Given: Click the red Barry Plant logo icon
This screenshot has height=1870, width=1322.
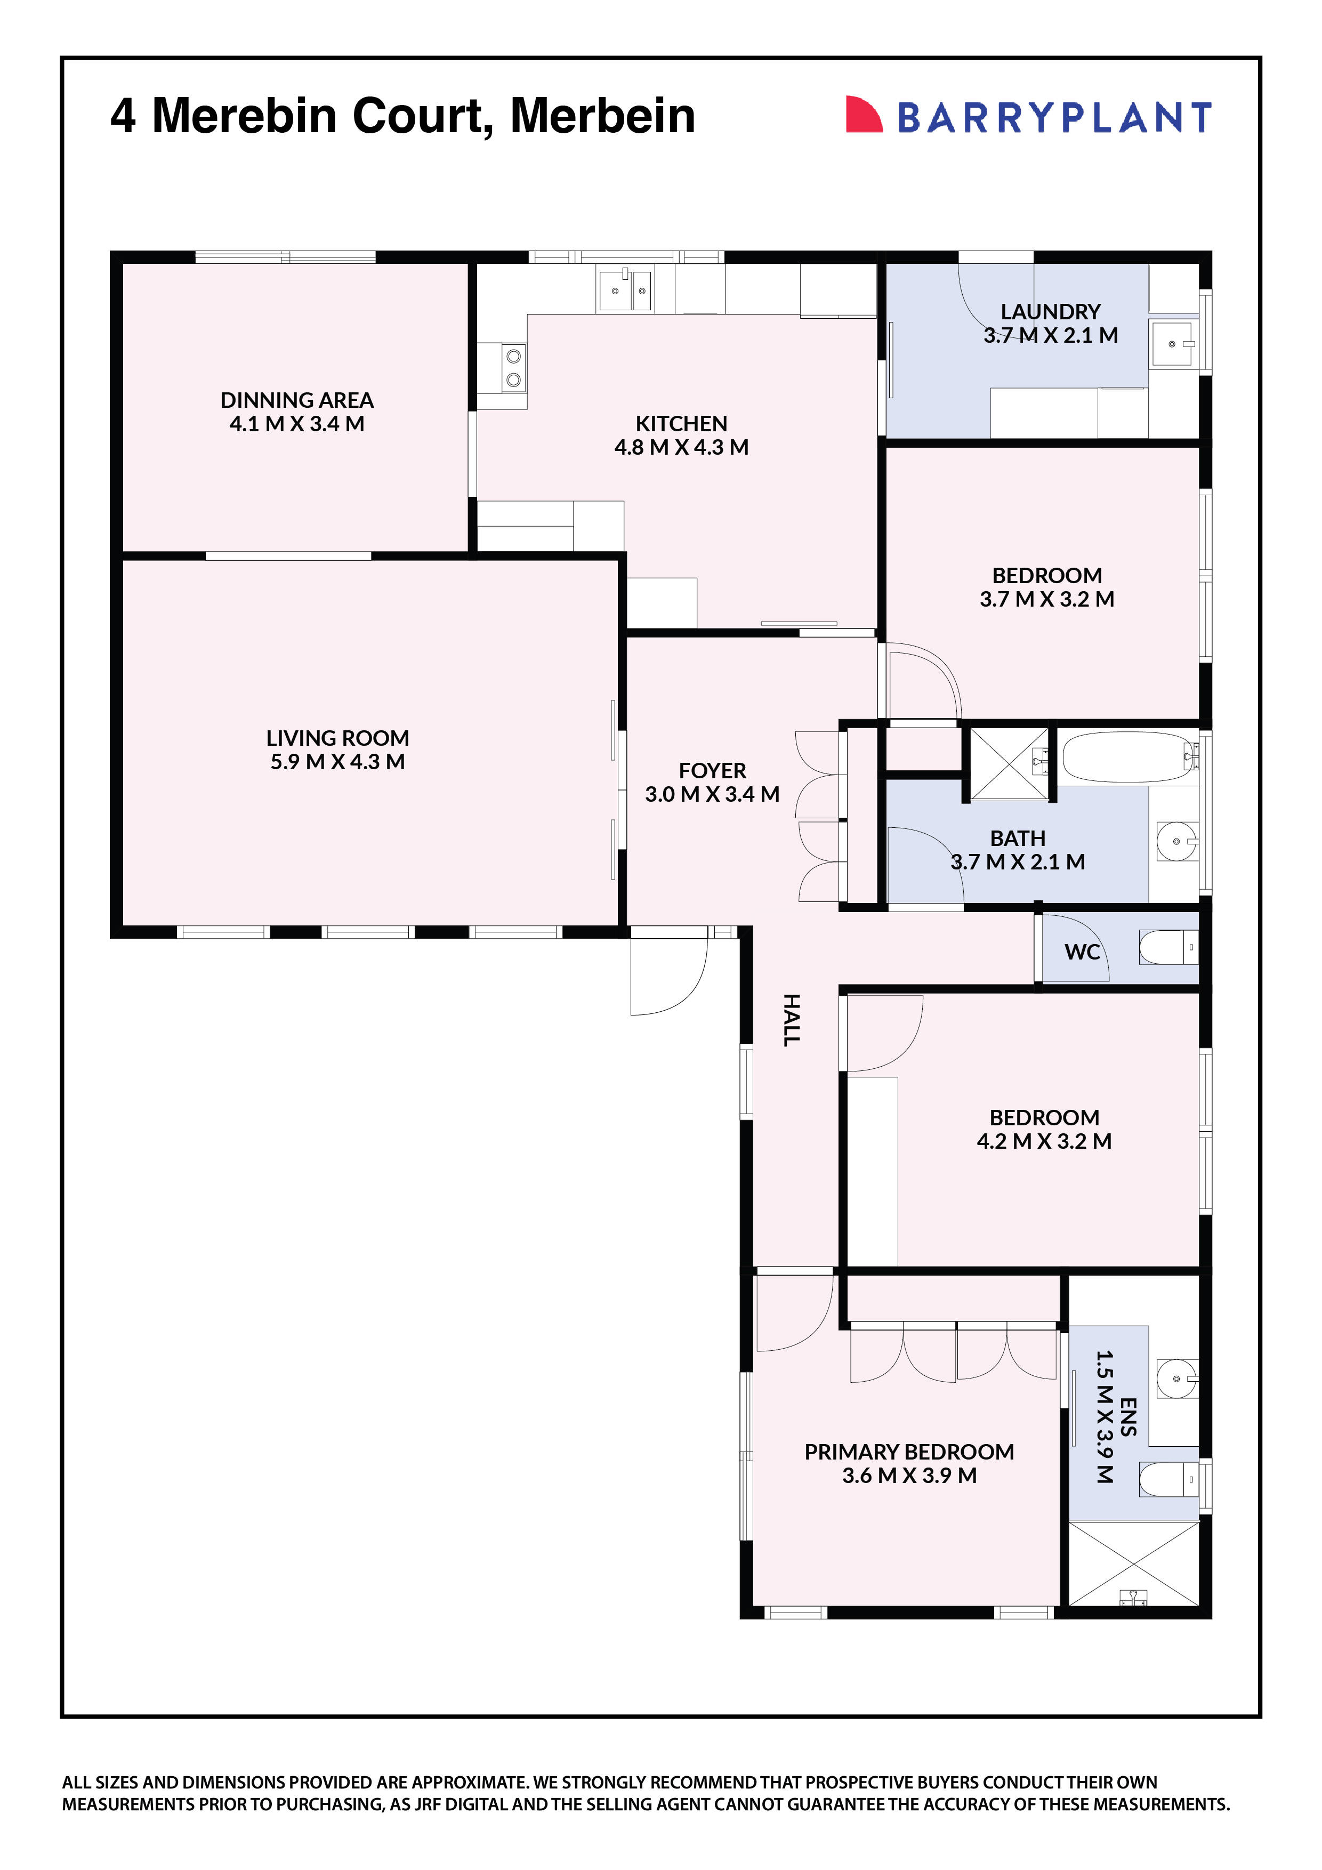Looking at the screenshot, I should click(x=864, y=114).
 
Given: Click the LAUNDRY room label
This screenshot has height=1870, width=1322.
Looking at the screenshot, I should click(x=1050, y=312).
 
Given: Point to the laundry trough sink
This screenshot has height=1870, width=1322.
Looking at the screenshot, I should click(x=1173, y=344).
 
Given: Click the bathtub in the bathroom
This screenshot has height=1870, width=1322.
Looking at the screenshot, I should click(x=1126, y=757).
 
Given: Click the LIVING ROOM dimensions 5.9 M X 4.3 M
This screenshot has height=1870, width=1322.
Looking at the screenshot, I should click(x=337, y=762).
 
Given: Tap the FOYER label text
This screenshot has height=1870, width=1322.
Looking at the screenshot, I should click(x=712, y=770).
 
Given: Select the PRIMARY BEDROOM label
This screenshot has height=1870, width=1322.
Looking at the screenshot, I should click(x=909, y=1452).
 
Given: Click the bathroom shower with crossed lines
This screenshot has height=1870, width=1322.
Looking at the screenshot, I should click(x=1009, y=764).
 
